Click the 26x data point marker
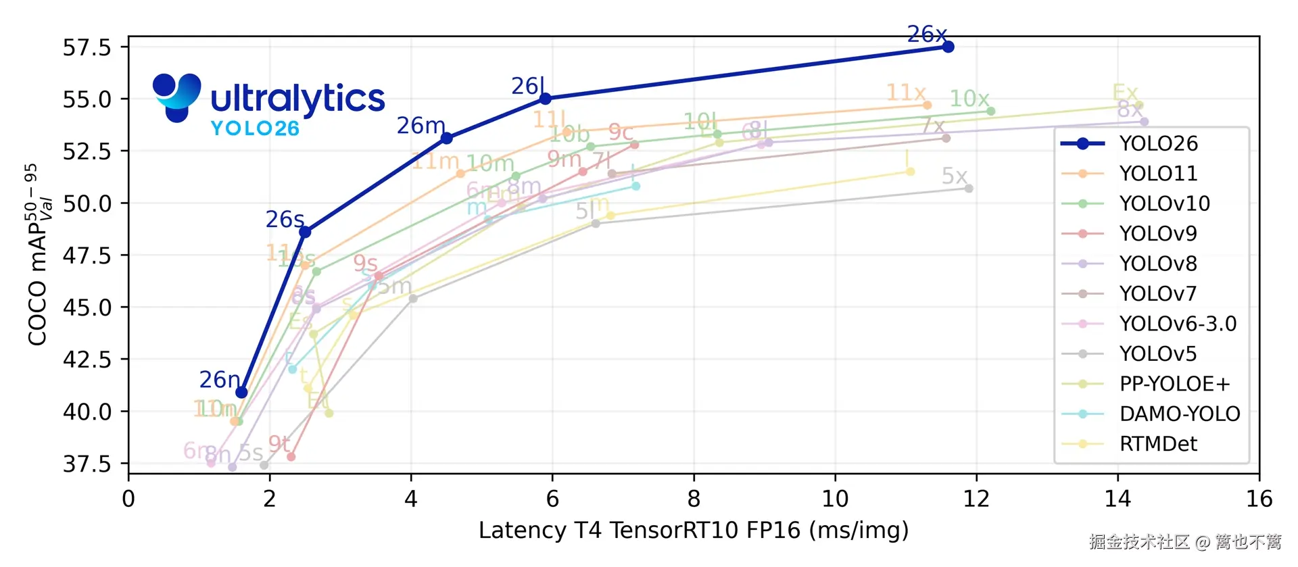pos(948,47)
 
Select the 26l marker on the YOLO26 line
pos(545,99)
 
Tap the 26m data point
pos(446,139)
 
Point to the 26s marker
pos(305,232)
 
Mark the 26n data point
pos(241,393)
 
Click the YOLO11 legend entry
pos(1157,174)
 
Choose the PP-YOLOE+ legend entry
pos(1174,384)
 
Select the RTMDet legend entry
pos(1157,444)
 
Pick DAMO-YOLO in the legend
pos(1179,414)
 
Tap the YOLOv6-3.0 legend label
pos(1177,324)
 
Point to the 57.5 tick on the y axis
pos(87,47)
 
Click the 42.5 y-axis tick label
pos(87,359)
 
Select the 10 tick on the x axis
pos(835,499)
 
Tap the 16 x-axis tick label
pos(1259,499)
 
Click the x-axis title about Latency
pos(693,531)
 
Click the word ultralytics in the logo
pos(297,99)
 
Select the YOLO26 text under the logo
pos(255,128)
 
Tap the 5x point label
pos(954,176)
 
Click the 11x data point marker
pos(927,105)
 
